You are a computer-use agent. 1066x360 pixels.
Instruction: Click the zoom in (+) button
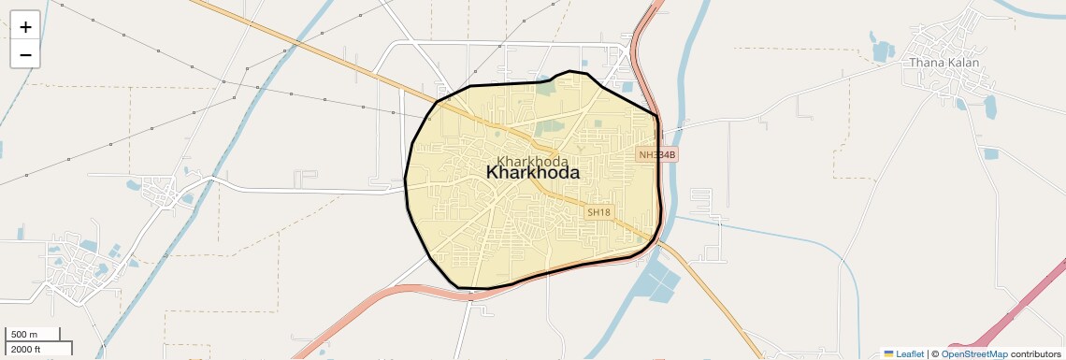[25, 27]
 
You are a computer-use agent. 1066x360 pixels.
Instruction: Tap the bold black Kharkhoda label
[533, 173]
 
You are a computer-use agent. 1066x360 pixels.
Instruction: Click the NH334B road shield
[656, 154]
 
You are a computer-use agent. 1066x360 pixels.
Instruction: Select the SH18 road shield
[598, 212]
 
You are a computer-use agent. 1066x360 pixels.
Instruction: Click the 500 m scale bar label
[23, 335]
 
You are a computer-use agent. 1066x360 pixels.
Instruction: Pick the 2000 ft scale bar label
[25, 350]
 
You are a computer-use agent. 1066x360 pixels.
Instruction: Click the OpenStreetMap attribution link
[973, 354]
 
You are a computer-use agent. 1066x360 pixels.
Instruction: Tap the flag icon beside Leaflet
[888, 354]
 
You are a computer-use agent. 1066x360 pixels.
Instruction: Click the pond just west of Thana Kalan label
[883, 49]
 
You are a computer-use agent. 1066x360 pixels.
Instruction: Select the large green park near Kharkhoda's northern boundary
[545, 87]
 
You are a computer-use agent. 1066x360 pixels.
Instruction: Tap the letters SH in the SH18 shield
[594, 212]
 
